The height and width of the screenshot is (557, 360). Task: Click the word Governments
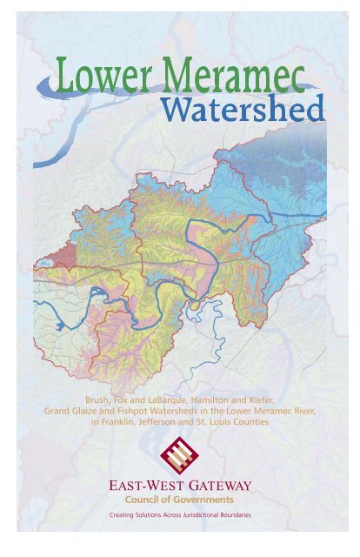[x=206, y=500]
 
